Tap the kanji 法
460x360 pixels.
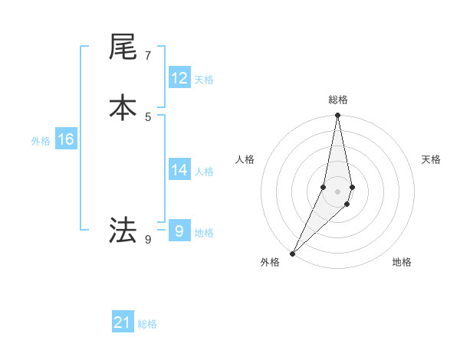123,230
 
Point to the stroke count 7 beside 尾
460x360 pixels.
147,56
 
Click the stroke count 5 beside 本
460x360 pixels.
147,116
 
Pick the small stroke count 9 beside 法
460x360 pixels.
147,239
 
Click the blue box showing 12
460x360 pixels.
179,78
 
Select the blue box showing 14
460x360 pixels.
179,170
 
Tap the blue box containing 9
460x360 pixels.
179,231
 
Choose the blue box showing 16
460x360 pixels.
65,139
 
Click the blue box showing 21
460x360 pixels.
123,323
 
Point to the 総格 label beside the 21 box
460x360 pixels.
147,324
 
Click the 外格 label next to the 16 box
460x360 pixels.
41,141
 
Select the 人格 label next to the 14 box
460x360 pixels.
204,172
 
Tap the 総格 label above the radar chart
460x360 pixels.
338,100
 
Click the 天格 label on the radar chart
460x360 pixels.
432,159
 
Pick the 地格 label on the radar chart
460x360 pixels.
402,262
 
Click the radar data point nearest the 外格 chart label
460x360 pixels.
293,253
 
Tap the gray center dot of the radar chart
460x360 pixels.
338,191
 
